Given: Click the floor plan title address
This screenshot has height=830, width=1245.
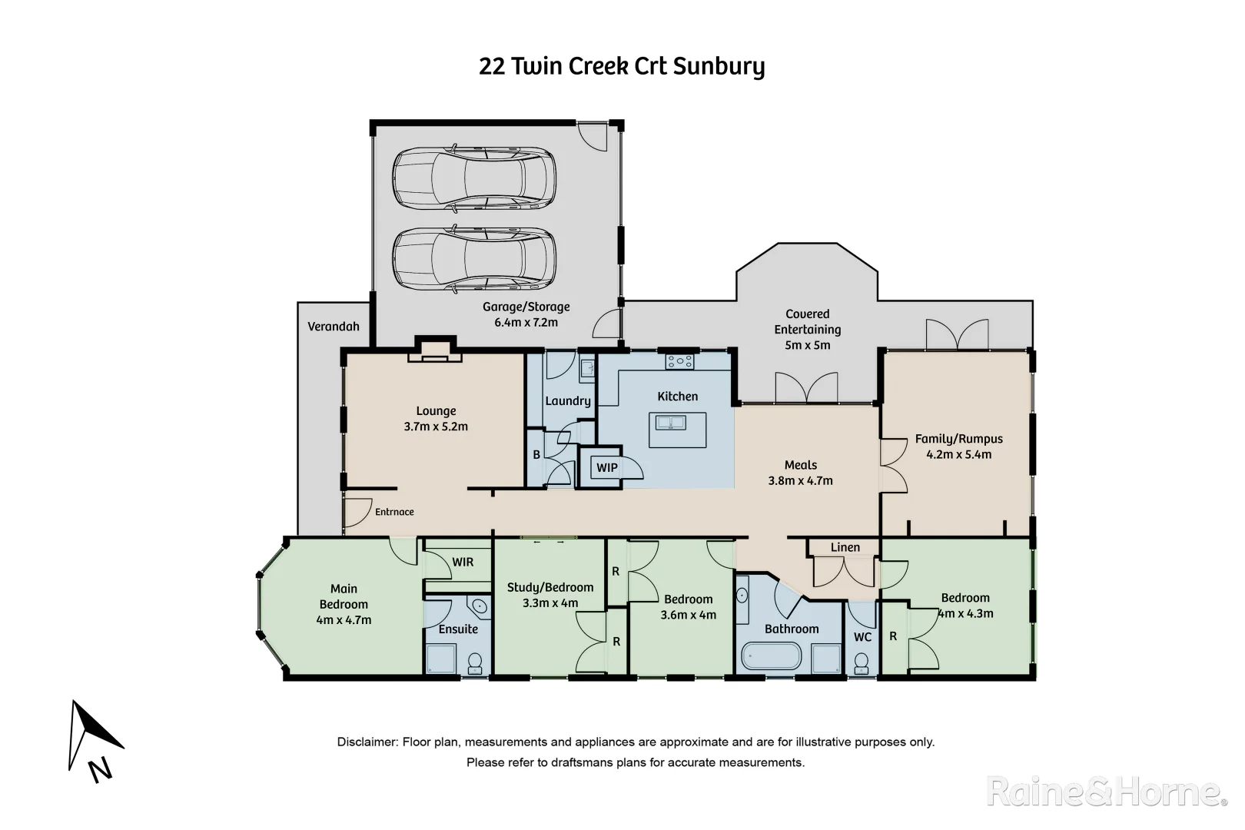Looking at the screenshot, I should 622,66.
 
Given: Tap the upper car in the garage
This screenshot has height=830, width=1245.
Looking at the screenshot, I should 473,178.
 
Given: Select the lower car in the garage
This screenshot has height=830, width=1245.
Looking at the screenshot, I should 473,260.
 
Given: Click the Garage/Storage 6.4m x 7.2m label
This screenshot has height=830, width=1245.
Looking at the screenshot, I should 526,314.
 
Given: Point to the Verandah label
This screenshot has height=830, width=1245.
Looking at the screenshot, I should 334,327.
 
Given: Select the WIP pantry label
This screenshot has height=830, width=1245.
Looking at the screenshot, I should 607,467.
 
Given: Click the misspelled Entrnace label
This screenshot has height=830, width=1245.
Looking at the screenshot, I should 394,512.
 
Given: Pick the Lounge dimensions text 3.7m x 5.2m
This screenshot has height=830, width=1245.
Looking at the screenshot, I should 436,427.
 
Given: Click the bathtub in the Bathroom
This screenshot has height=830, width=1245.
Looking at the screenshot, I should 771,658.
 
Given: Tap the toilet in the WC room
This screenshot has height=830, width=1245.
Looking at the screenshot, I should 862,662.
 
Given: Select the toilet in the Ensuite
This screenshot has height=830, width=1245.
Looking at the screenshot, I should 475,662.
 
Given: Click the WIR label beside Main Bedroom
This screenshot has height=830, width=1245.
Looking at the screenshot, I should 463,562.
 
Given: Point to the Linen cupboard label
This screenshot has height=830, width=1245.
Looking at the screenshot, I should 845,547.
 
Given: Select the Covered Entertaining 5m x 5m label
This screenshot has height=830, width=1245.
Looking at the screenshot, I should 807,330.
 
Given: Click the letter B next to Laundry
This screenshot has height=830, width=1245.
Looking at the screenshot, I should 536,455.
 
